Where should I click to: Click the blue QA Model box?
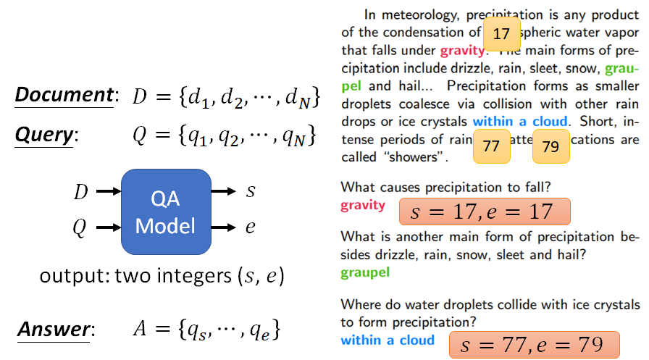(x=166, y=211)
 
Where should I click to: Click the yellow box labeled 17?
(x=501, y=33)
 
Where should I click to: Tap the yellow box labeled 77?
(x=491, y=146)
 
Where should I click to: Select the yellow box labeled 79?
(x=550, y=146)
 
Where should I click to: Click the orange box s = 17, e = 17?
(x=485, y=212)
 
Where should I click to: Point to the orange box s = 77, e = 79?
(x=535, y=346)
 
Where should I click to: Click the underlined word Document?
(x=63, y=96)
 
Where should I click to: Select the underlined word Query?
(x=43, y=135)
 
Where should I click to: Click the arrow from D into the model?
(x=108, y=192)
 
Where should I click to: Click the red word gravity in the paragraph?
(x=461, y=51)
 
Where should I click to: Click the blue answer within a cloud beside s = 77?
(x=388, y=340)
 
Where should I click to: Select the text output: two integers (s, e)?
(x=162, y=276)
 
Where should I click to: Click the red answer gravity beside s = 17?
(x=363, y=205)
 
